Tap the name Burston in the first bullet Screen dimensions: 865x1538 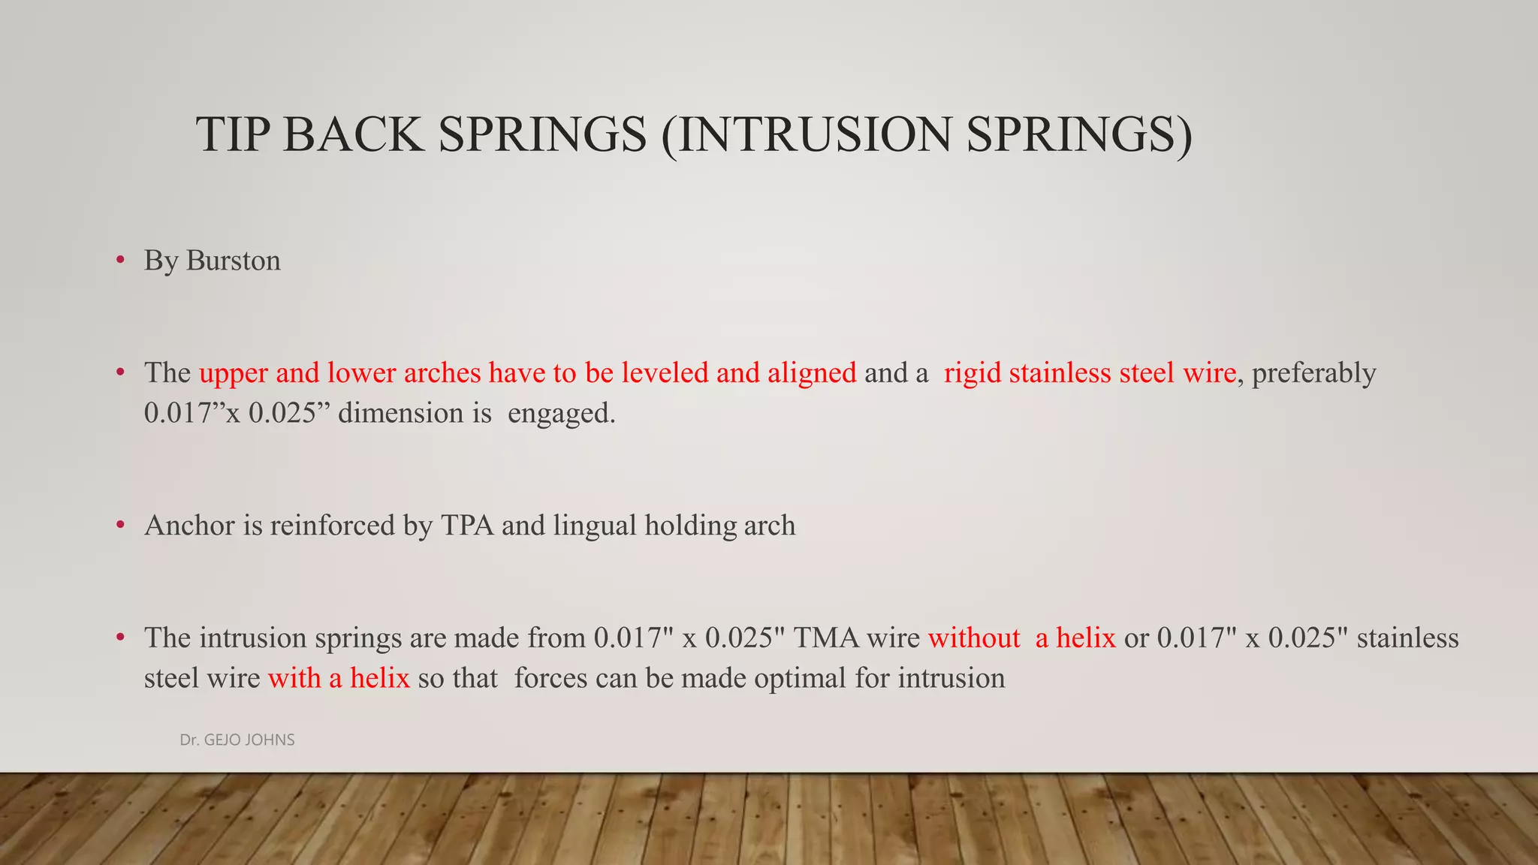(233, 261)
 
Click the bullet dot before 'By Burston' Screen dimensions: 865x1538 (120, 261)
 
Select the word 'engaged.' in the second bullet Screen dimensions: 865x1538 (561, 414)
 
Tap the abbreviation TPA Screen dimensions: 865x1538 (467, 526)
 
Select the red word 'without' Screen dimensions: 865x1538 (974, 638)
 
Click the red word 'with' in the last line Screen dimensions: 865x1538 (294, 679)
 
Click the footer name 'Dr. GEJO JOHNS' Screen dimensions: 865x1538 (237, 740)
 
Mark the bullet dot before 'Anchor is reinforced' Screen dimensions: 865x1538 (120, 526)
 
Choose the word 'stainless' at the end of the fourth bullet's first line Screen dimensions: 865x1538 (1407, 638)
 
